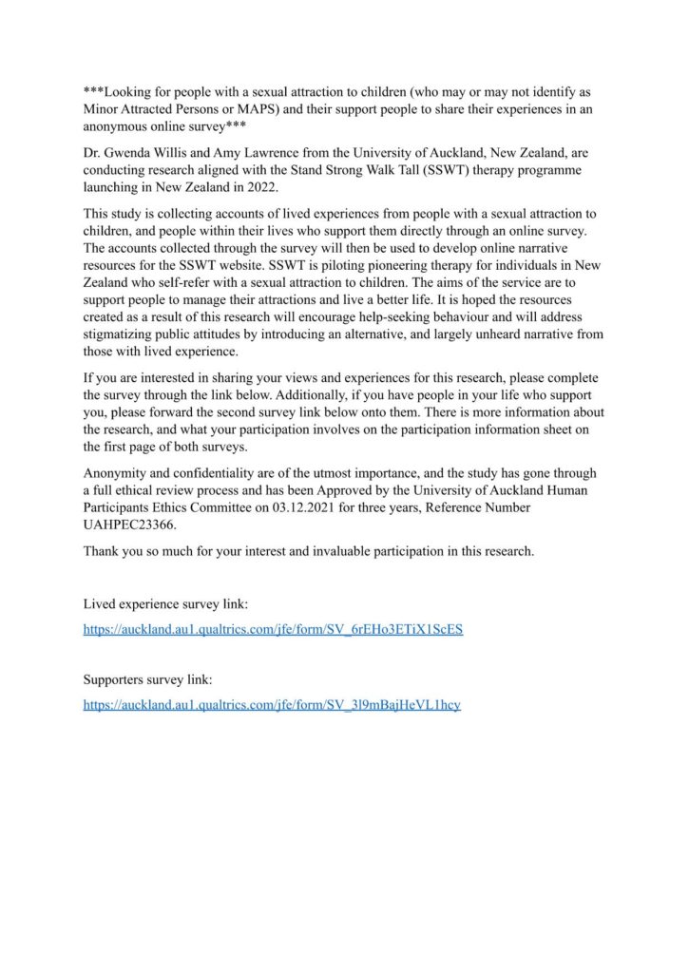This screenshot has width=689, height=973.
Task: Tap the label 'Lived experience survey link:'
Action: coord(165,604)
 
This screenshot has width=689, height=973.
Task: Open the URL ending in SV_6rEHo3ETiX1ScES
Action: coord(273,629)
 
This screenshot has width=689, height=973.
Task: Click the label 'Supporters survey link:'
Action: coord(147,680)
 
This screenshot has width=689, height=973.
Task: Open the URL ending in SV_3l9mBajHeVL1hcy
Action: coord(272,705)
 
